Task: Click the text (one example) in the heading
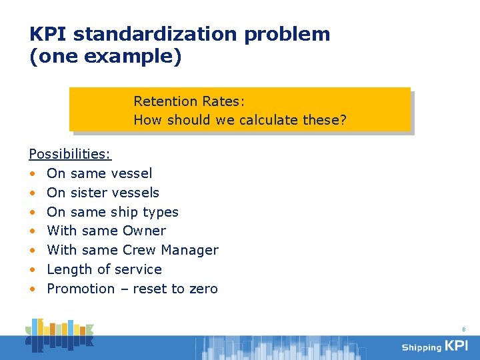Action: pyautogui.click(x=105, y=57)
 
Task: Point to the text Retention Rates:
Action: pyautogui.click(x=189, y=101)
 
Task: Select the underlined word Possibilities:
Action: pyautogui.click(x=70, y=154)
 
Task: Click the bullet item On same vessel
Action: pyautogui.click(x=99, y=173)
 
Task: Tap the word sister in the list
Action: pyautogui.click(x=88, y=193)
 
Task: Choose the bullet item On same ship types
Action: pyautogui.click(x=113, y=212)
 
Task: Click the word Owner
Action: pyautogui.click(x=145, y=231)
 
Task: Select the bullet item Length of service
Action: pyautogui.click(x=104, y=269)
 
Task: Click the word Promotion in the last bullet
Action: pyautogui.click(x=81, y=289)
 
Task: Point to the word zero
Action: pyautogui.click(x=203, y=289)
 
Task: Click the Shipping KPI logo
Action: pyautogui.click(x=435, y=346)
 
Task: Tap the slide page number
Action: pyautogui.click(x=463, y=329)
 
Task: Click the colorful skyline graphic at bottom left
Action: pyautogui.click(x=60, y=335)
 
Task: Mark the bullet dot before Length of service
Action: pyautogui.click(x=32, y=270)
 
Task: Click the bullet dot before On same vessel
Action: pyautogui.click(x=32, y=174)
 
